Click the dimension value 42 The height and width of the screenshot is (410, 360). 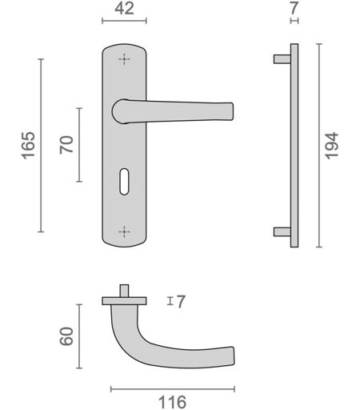(124, 9)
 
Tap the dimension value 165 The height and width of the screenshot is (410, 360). (28, 146)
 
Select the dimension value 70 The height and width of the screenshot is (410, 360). (66, 145)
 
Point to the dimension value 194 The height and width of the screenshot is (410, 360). (331, 146)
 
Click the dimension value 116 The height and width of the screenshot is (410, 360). (172, 402)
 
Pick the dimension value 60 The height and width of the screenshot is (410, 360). (66, 336)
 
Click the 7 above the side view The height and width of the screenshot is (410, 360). (294, 9)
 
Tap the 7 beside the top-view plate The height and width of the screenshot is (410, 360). (181, 302)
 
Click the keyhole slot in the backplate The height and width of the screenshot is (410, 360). (124, 182)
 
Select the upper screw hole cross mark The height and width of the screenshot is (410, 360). (124, 59)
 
